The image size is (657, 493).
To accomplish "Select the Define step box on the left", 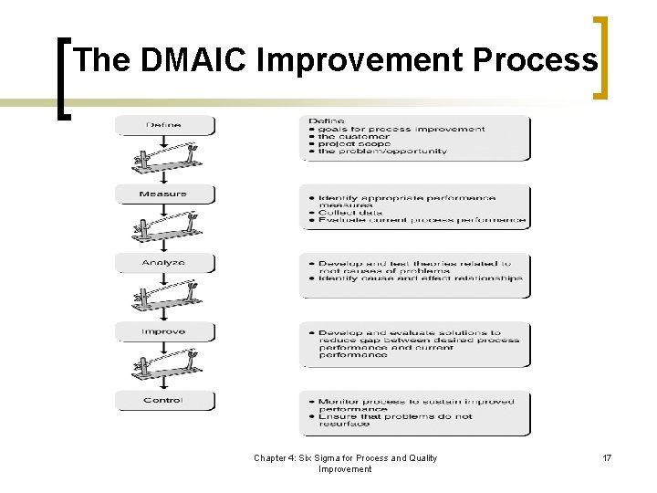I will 164,125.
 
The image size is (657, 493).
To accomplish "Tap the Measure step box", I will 164,194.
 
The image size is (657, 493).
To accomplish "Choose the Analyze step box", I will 164,263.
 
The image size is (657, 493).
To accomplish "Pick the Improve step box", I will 164,331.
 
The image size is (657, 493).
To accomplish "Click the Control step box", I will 164,400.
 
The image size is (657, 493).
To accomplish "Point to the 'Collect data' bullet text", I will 350,212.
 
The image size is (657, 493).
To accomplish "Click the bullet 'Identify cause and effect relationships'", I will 420,278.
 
